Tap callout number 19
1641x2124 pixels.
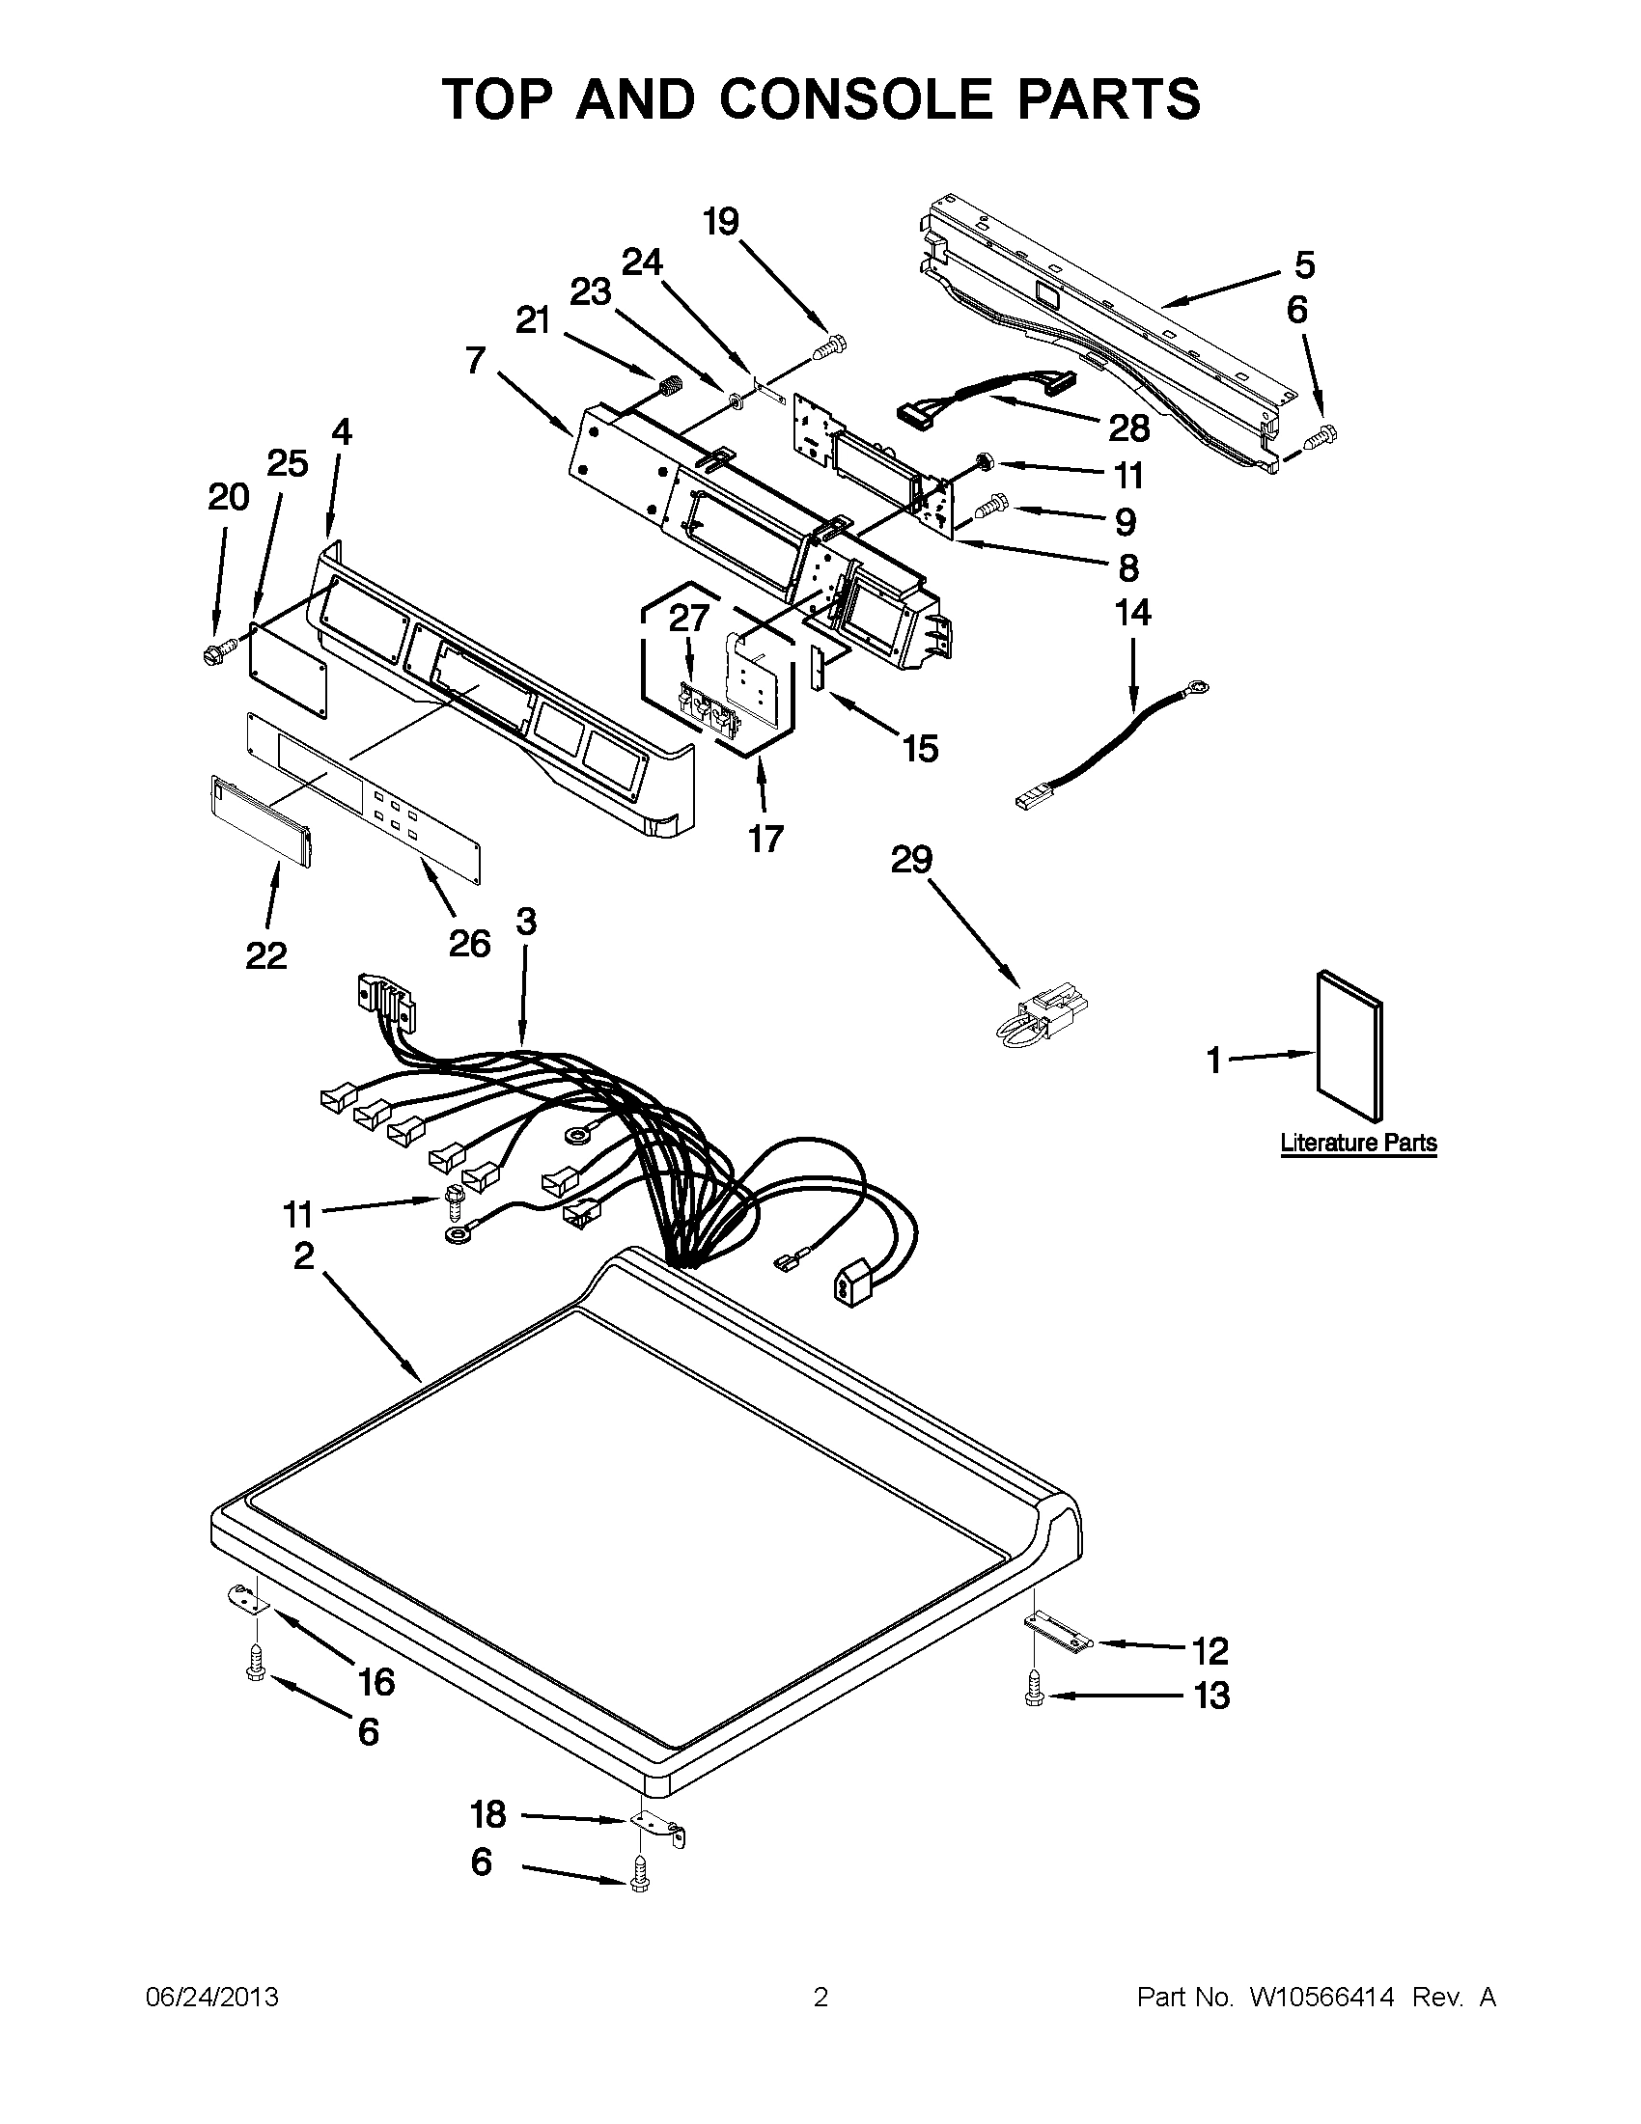721,222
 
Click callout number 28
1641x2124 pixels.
1127,428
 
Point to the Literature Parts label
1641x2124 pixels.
1358,1143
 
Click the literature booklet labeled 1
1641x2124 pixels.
1350,1045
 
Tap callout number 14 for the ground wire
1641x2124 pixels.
1132,613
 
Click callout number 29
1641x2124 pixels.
911,859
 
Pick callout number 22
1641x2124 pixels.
265,956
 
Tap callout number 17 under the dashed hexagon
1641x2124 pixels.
765,838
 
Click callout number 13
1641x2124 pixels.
1211,1696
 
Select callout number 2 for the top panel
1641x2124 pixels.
303,1255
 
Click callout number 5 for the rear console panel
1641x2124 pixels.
1303,264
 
